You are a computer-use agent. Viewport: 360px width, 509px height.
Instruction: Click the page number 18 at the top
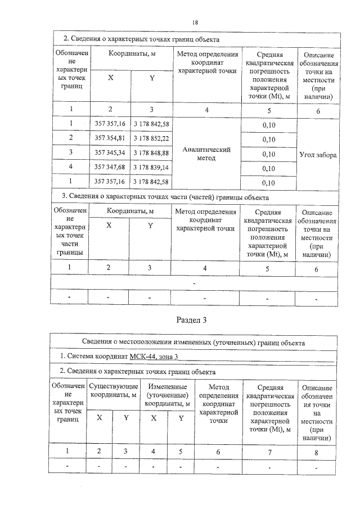(x=195, y=22)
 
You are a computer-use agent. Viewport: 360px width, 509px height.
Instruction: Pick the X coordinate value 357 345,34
(x=110, y=153)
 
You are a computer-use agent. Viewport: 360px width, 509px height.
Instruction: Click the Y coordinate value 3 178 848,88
(x=151, y=153)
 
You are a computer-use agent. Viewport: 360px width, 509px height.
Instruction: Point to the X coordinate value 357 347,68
(x=110, y=168)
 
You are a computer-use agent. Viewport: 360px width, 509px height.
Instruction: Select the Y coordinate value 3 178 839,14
(x=151, y=168)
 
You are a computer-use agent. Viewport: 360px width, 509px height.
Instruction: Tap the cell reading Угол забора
(x=318, y=154)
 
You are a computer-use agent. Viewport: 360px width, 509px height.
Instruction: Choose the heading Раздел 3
(x=192, y=321)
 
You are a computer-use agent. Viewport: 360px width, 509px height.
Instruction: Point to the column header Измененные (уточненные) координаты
(x=167, y=395)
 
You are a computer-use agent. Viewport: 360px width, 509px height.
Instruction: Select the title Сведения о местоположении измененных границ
(x=193, y=342)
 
